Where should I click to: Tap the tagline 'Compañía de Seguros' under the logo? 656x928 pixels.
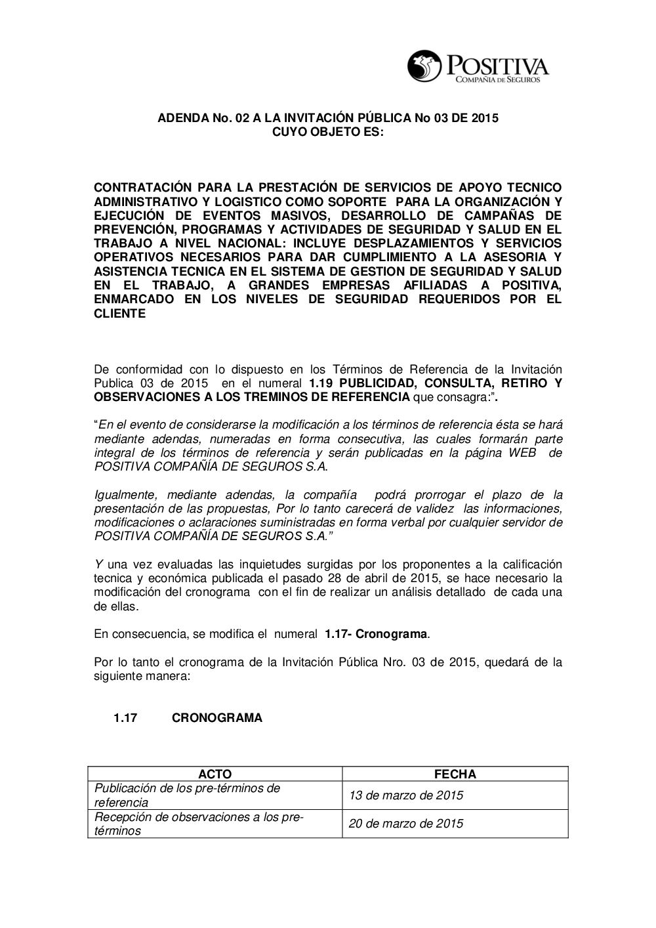click(493, 79)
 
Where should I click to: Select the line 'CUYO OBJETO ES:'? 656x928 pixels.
click(328, 133)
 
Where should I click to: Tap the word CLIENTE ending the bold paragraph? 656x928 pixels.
click(120, 314)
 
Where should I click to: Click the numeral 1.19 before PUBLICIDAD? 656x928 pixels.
click(321, 383)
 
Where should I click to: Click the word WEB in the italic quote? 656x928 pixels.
click(522, 453)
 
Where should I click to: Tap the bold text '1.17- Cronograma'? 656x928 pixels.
click(377, 635)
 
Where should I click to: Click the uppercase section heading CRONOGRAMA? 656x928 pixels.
click(216, 718)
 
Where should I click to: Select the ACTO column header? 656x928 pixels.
click(215, 774)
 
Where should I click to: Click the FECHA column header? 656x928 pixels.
click(455, 774)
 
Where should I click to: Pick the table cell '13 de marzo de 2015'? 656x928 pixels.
click(405, 795)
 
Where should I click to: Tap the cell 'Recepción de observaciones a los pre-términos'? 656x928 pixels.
click(198, 824)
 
